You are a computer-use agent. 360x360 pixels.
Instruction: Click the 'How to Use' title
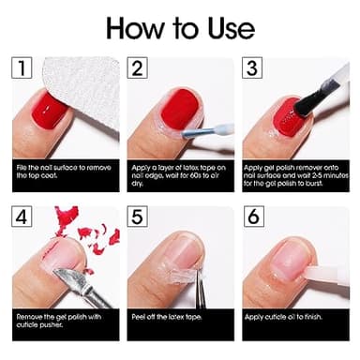179,25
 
